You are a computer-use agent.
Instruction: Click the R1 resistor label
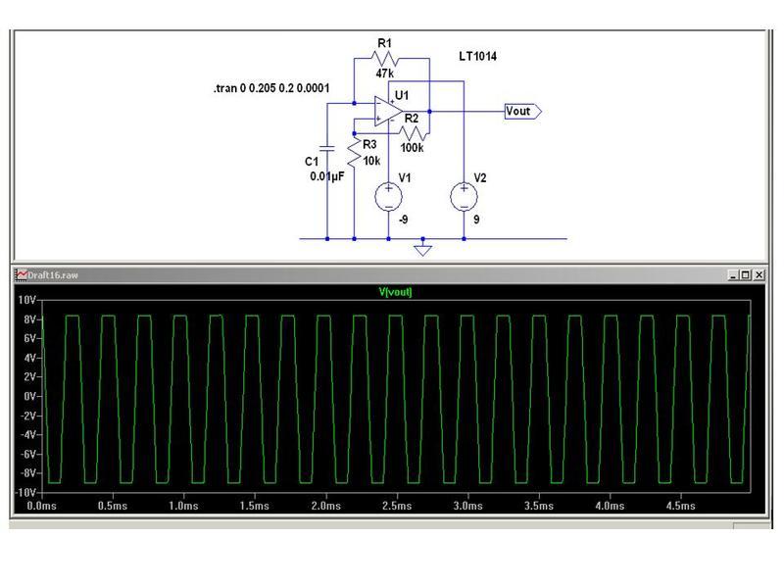(x=383, y=43)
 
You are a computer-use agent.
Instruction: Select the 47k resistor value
(x=384, y=73)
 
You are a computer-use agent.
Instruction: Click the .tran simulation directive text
(x=271, y=89)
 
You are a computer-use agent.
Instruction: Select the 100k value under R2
(x=411, y=148)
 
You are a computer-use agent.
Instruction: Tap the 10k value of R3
(x=371, y=160)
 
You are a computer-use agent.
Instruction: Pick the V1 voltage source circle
(x=389, y=196)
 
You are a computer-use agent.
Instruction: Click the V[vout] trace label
(x=396, y=292)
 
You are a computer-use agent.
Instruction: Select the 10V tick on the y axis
(x=25, y=300)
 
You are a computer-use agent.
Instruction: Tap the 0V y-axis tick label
(x=28, y=396)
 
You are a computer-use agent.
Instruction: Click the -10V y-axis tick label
(x=24, y=492)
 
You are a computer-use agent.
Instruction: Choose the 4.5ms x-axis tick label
(x=681, y=507)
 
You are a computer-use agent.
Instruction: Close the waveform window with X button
(x=758, y=275)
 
